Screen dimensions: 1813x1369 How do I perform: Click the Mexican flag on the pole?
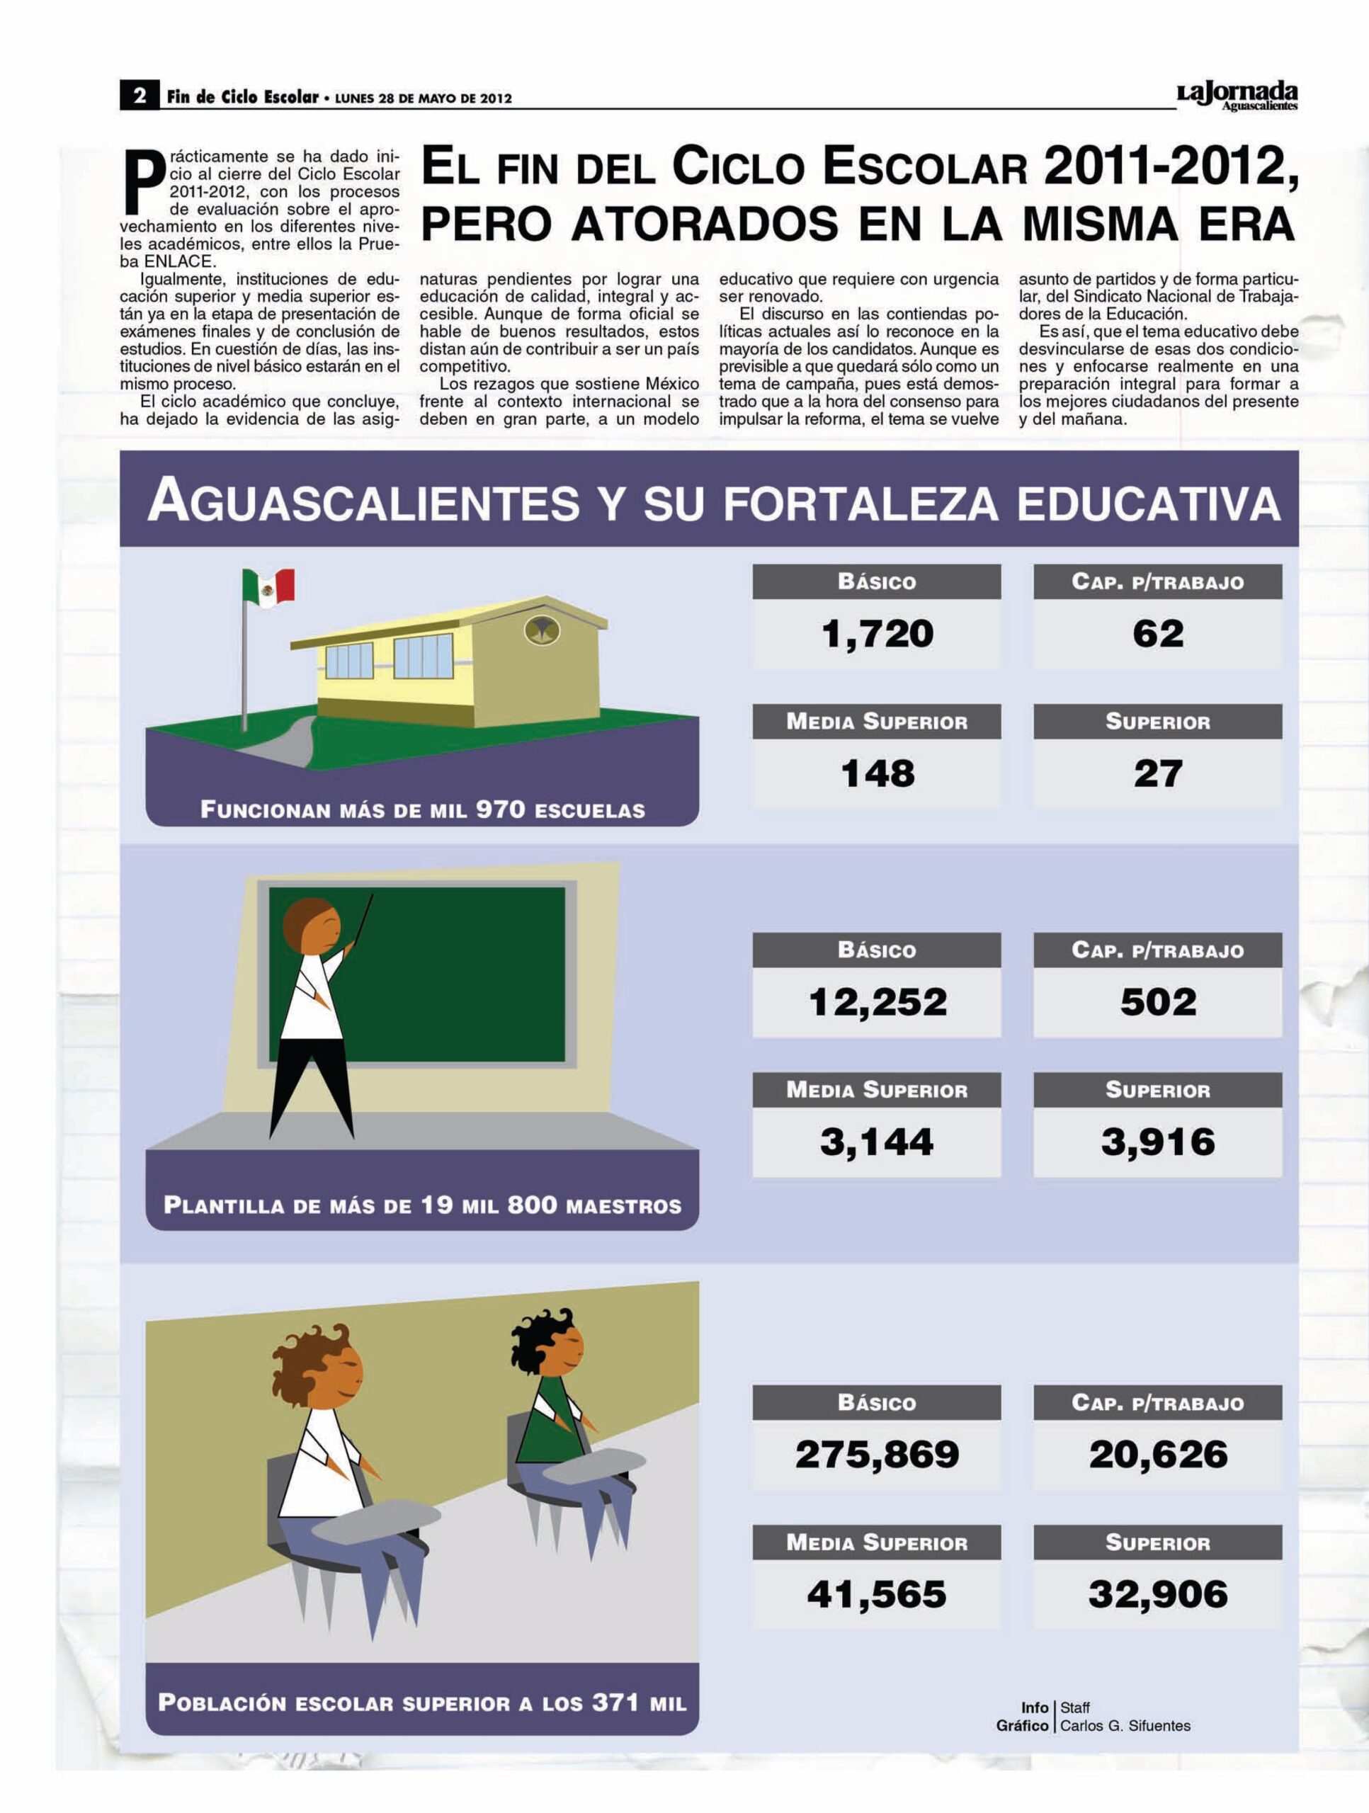click(x=269, y=587)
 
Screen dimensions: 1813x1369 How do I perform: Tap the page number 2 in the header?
click(x=140, y=96)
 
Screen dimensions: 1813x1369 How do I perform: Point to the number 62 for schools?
click(x=1157, y=634)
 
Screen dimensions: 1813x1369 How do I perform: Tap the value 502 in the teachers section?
click(x=1157, y=1001)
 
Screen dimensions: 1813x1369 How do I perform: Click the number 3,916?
click(x=1157, y=1142)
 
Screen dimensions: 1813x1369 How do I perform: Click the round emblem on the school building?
click(x=541, y=630)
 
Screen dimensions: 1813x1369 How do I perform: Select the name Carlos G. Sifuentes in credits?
click(x=1125, y=1725)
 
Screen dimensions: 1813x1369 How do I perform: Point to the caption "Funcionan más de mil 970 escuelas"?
click(x=422, y=809)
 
